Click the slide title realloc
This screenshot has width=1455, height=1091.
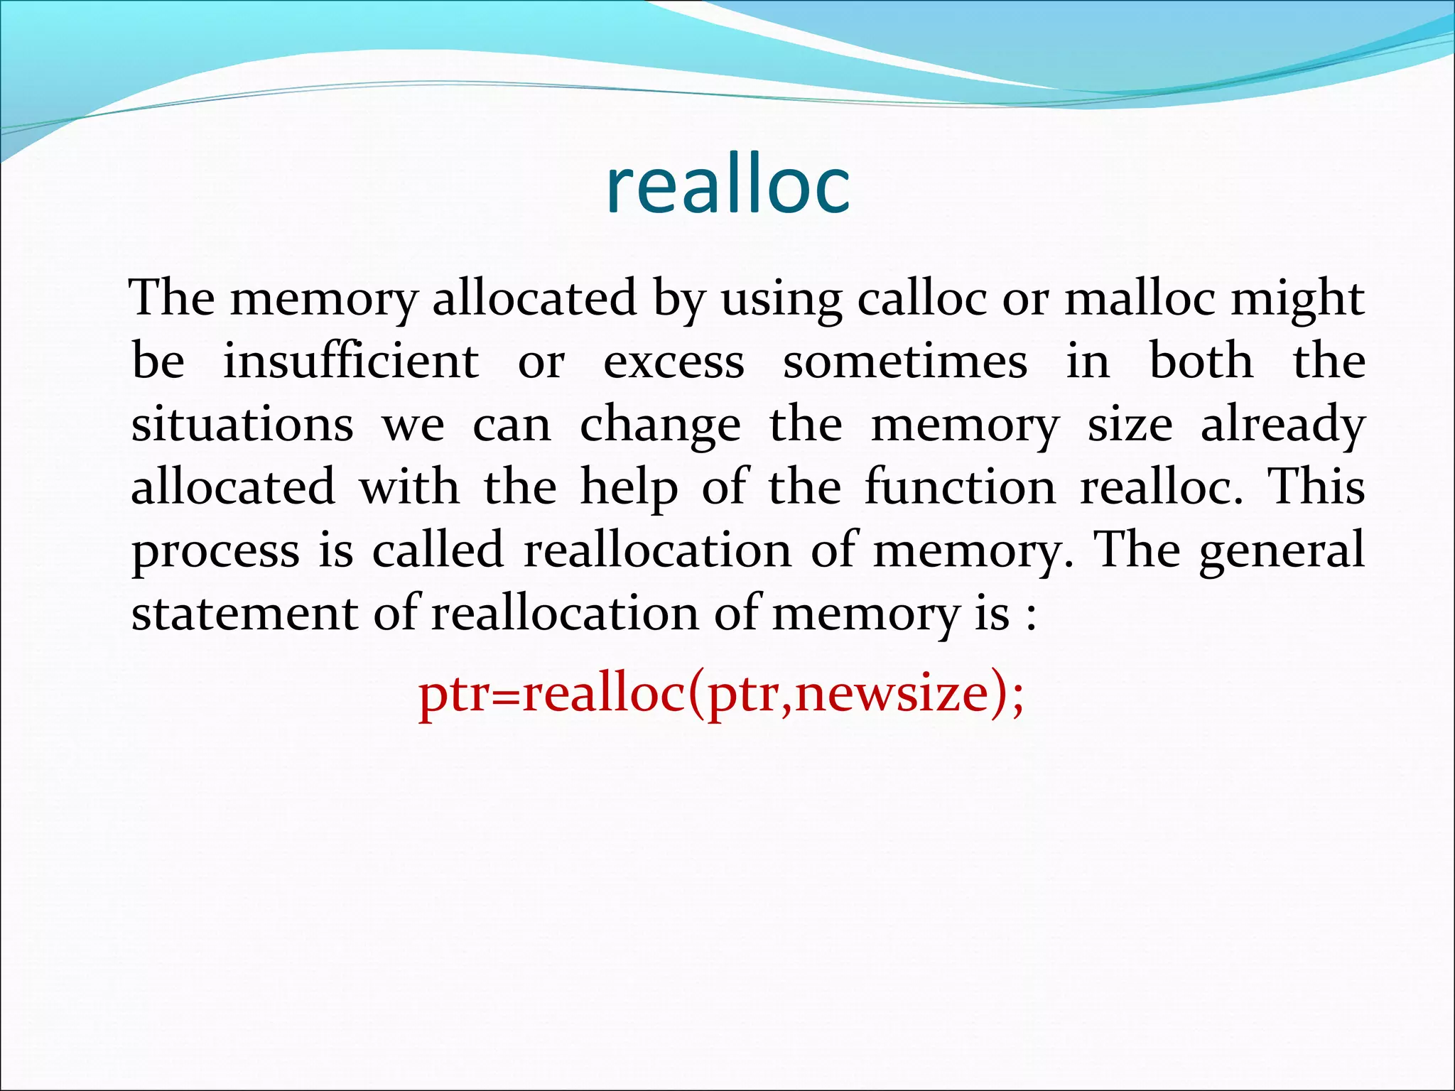click(727, 186)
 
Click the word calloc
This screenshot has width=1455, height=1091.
click(922, 298)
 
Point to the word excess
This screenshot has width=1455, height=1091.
click(674, 362)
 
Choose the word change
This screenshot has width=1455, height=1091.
click(660, 426)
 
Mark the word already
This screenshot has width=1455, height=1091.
click(1282, 425)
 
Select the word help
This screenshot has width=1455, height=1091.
click(629, 489)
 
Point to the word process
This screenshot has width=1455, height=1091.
click(215, 553)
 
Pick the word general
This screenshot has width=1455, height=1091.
click(1281, 552)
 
